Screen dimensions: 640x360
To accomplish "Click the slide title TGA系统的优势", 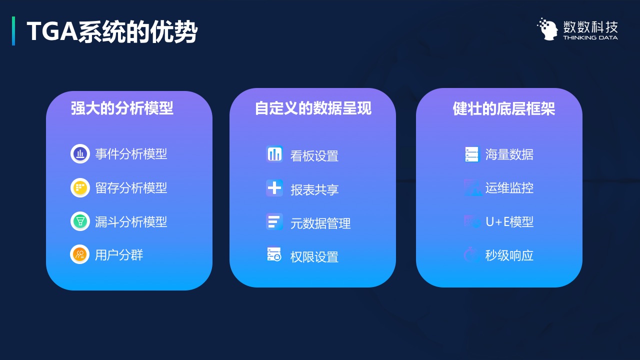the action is coord(112,31).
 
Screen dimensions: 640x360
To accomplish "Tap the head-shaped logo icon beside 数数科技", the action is coord(547,29).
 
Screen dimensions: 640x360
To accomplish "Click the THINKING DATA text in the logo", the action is coord(590,37).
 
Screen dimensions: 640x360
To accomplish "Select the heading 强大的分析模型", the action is coord(122,108).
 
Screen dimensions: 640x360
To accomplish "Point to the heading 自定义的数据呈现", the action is coord(313,108).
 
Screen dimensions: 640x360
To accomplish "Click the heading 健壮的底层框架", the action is coord(503,108).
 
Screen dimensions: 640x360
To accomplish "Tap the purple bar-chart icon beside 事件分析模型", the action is coord(80,153).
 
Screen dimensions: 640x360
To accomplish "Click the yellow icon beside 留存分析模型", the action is coord(80,187).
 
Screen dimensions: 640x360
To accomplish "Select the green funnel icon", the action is coord(80,221).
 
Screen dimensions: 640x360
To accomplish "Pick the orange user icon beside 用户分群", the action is coord(79,254).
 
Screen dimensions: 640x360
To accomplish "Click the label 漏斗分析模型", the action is coord(131,221).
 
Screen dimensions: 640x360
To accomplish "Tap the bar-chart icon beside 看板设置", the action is coord(274,154).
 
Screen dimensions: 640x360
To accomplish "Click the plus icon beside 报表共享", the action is coord(274,188).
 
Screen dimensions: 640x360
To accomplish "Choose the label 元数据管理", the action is coord(320,223).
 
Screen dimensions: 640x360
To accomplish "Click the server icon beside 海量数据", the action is coord(471,154).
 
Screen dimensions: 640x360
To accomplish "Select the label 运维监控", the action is coord(509,188).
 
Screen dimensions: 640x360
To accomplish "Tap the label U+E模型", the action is coord(509,221).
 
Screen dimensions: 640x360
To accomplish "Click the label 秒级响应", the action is coord(509,255).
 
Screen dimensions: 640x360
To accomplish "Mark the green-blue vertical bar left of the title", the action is coord(13,31).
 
